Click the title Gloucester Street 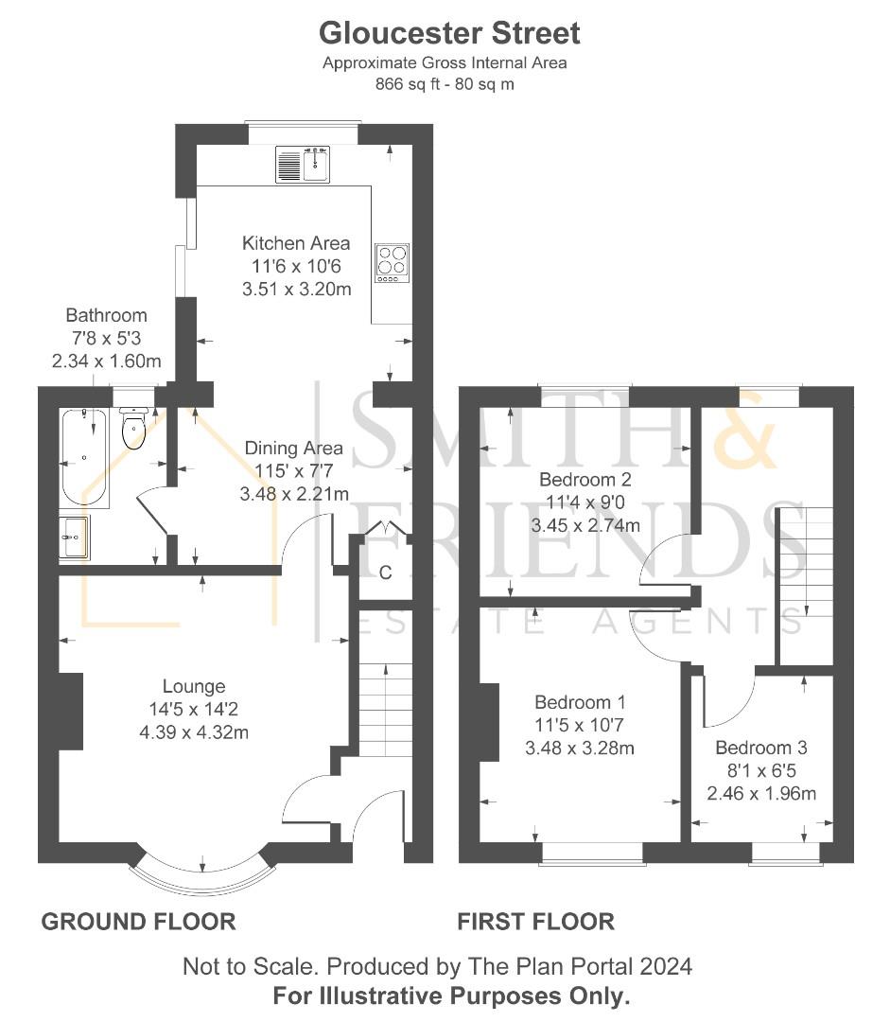(x=449, y=33)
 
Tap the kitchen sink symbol (x=303, y=165)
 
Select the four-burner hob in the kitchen (x=392, y=262)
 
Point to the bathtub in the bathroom (x=86, y=457)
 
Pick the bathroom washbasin (x=75, y=539)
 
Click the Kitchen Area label (x=295, y=243)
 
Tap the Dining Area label (x=293, y=449)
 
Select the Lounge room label (x=194, y=687)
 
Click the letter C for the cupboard (x=386, y=573)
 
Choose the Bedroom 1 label (x=580, y=702)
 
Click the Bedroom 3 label (x=760, y=748)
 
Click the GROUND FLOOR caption (x=138, y=921)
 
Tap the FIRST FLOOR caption (x=535, y=921)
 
